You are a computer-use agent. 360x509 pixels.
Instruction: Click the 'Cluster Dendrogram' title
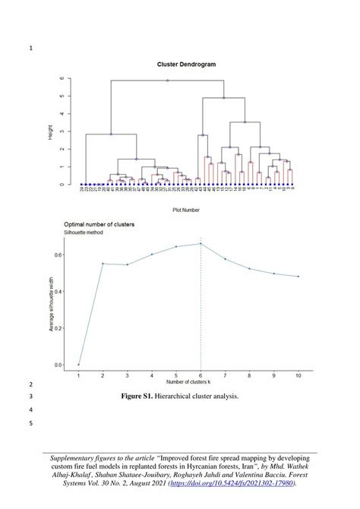pos(186,65)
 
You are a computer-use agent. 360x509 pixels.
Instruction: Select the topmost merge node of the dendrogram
pos(168,80)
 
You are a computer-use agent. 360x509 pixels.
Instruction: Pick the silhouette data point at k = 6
pos(201,244)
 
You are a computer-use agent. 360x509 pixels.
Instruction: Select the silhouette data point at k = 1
pos(78,365)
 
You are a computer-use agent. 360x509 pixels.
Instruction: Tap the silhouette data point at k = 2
pos(103,264)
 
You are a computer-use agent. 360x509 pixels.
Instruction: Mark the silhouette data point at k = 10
pos(298,277)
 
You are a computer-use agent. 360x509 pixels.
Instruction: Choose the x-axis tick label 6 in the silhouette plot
pos(201,375)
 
